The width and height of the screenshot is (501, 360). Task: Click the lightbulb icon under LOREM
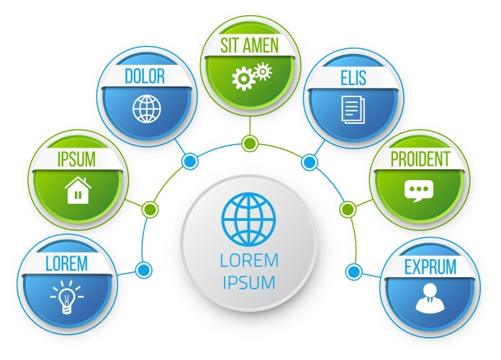click(x=66, y=295)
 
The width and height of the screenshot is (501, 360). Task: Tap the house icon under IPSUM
click(x=78, y=191)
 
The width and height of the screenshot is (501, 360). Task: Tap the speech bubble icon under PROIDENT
click(x=417, y=191)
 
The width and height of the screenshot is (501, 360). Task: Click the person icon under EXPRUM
click(x=429, y=297)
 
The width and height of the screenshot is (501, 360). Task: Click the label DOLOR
click(x=145, y=76)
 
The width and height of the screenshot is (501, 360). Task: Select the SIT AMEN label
click(x=250, y=45)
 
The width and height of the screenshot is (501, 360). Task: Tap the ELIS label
click(x=353, y=77)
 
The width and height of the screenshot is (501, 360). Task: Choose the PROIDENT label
click(x=420, y=159)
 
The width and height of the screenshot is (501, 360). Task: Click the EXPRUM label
click(x=430, y=267)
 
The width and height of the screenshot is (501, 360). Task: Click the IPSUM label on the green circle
click(x=76, y=159)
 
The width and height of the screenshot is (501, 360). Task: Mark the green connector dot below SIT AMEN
click(x=250, y=143)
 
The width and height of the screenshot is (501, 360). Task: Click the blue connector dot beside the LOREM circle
click(x=144, y=271)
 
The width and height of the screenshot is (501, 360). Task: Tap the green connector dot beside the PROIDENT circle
click(x=348, y=210)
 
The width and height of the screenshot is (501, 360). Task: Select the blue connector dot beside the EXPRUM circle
click(x=353, y=271)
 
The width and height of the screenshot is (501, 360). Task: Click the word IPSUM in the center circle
click(x=249, y=282)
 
